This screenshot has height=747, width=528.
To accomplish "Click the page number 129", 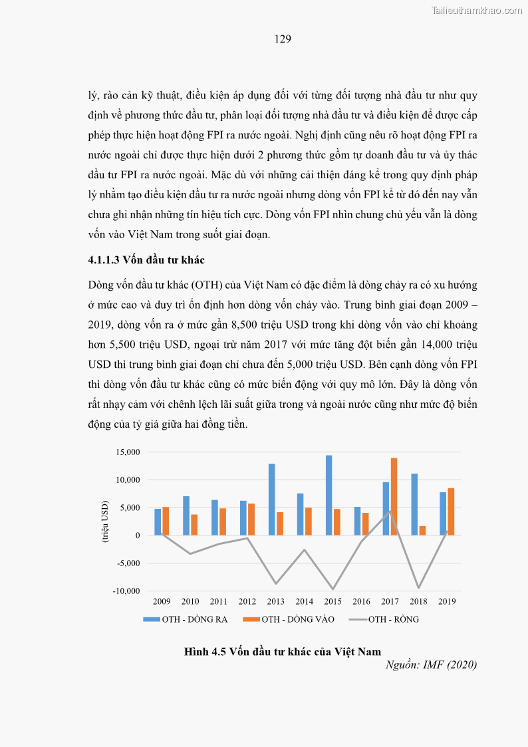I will pos(283,39).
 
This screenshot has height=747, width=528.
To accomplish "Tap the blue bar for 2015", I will pos(329,496).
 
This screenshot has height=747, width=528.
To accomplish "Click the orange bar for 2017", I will pos(394,497).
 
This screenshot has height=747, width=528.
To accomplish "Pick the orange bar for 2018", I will pos(423,531).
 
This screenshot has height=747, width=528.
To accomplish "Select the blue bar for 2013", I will pos(271,500).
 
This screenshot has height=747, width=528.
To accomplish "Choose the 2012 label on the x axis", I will pos(247,602).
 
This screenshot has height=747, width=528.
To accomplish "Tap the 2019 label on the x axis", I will pos(448,602).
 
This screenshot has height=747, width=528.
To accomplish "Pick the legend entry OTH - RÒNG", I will pos(393,619).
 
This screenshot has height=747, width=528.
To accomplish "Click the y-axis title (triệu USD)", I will pos(105,522).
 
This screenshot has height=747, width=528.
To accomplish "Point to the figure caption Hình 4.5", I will pos(282,651).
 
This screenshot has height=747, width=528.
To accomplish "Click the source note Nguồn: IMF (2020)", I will pos(431,665).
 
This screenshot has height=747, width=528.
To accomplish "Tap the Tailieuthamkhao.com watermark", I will pos(477,10).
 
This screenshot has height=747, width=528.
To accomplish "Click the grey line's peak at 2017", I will pos(390,511).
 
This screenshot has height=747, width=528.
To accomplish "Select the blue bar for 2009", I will pos(158,522).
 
